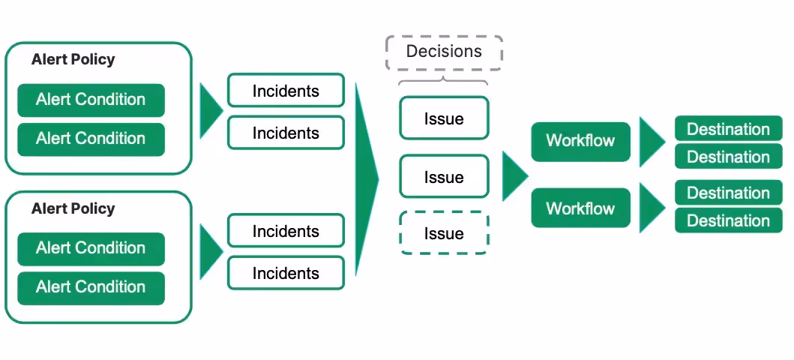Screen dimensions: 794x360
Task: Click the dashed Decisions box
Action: point(444,52)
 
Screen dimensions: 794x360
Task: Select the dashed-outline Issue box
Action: point(444,233)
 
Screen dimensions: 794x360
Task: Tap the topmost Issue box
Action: point(444,118)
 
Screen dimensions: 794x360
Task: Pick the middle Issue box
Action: point(444,176)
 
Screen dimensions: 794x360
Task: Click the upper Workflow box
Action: point(580,142)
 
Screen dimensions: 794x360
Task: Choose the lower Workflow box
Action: point(580,208)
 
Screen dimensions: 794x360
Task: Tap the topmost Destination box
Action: point(729,128)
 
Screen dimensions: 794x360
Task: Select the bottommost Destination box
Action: point(729,220)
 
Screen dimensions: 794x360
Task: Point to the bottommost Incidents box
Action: point(286,273)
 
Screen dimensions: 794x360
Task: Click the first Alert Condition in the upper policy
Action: point(91,100)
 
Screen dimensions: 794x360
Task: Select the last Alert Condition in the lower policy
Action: point(91,287)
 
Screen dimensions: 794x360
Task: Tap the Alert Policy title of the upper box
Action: point(73,59)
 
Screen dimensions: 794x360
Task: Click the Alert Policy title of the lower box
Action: point(73,208)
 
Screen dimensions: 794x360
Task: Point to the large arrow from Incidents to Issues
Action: point(366,179)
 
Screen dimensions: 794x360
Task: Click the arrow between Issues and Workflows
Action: point(514,175)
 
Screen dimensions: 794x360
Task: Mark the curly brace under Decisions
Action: point(444,79)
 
